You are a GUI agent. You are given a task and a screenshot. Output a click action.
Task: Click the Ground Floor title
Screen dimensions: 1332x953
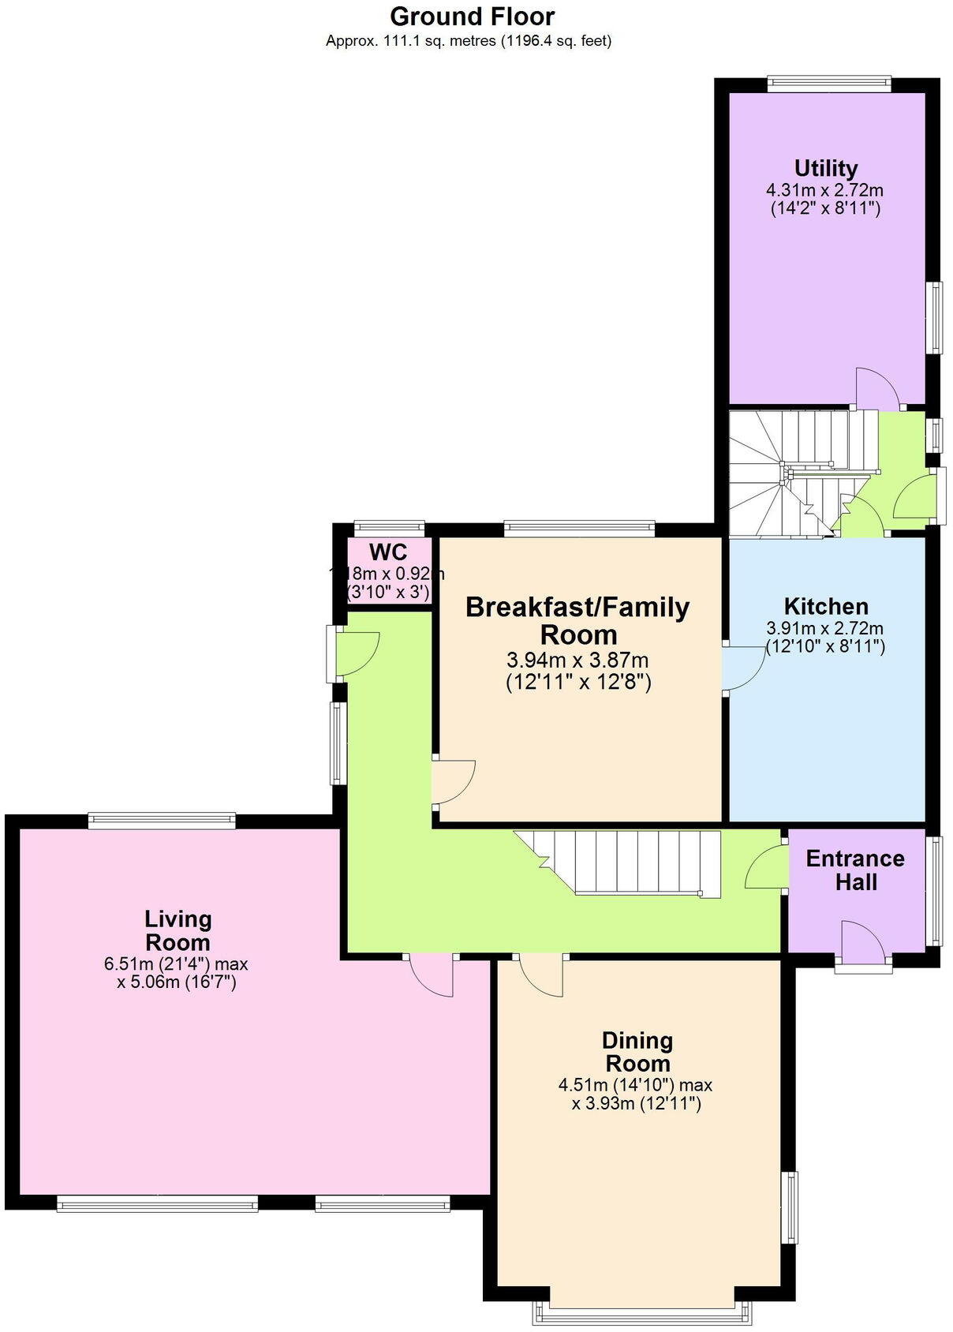pos(472,16)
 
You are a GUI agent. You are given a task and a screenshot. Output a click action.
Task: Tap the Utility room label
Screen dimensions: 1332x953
pos(825,168)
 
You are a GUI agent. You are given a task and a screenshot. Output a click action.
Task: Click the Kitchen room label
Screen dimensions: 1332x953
pos(825,606)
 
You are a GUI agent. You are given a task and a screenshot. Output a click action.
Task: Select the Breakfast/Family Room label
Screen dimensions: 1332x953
pos(578,620)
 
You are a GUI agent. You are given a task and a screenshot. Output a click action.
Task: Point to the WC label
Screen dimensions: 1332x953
pos(387,552)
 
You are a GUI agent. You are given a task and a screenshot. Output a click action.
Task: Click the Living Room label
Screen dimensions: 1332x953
pos(178,930)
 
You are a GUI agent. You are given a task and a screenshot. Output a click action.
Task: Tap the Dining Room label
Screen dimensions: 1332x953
pos(637,1051)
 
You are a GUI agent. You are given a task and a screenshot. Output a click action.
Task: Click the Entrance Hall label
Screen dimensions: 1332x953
pos(854,870)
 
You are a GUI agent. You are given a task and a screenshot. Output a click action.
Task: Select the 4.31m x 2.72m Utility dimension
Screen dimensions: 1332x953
pos(824,190)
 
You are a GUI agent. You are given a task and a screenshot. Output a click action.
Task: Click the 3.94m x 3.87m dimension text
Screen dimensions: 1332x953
pos(578,660)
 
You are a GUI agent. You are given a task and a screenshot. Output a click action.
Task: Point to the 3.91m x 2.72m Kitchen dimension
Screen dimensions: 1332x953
pos(824,629)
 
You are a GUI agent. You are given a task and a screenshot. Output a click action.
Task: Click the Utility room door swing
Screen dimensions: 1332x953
pos(876,387)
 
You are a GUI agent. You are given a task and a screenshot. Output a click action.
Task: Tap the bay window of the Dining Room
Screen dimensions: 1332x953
pos(641,1310)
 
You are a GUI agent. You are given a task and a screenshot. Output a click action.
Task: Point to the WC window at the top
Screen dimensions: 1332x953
pos(389,528)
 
